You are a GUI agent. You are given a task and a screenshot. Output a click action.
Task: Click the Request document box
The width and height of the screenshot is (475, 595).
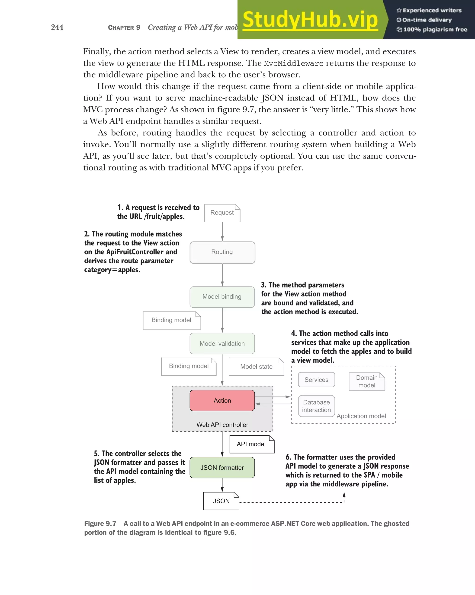tap(222, 213)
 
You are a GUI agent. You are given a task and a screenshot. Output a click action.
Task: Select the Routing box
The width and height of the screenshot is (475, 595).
tap(222, 252)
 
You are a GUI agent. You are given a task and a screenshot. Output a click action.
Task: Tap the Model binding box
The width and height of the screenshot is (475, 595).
tap(222, 297)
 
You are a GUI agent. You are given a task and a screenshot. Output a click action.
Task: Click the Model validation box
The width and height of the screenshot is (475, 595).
tap(222, 343)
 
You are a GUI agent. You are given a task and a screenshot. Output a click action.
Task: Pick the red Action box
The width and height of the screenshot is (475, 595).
tap(222, 400)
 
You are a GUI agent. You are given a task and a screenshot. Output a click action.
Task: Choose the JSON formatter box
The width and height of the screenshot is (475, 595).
tap(222, 467)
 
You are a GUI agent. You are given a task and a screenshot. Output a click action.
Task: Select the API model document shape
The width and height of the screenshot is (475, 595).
tap(251, 444)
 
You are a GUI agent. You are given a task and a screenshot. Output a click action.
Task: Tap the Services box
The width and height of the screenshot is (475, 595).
tap(316, 380)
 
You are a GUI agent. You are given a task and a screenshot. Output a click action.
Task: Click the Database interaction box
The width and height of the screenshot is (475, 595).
tap(316, 406)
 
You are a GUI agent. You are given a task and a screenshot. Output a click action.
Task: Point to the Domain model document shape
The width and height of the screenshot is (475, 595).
tap(367, 382)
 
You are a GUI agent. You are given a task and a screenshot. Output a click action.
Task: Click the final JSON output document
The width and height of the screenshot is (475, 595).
tap(221, 501)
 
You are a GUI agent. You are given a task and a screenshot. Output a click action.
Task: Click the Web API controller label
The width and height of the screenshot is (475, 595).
tap(222, 425)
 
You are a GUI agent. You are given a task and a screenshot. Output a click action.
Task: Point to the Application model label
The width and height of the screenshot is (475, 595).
tap(361, 416)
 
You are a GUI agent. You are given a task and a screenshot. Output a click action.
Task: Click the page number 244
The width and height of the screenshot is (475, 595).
tap(57, 27)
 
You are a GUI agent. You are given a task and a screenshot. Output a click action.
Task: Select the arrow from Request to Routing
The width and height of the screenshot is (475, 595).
tap(222, 232)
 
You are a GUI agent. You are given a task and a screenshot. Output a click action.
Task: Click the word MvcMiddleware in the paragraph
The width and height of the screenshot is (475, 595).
tap(293, 63)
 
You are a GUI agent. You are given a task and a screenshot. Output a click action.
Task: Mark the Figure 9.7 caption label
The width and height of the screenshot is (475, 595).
tap(100, 523)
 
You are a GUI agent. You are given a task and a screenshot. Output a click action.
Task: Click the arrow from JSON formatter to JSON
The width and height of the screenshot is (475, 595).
tap(222, 485)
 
